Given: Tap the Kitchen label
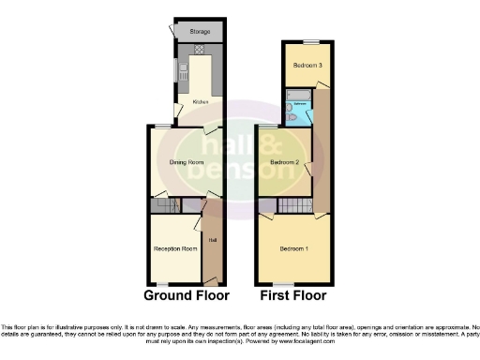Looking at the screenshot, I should tap(201, 101).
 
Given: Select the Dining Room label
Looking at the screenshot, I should tap(186, 162).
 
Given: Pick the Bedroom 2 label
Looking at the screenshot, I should tap(284, 162).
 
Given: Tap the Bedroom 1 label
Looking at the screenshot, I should tap(292, 248).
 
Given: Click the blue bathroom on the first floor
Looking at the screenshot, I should tap(299, 112).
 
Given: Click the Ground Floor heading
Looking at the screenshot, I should tap(187, 295).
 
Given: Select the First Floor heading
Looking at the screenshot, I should tap(292, 295).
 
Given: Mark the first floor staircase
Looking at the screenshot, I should tap(297, 206).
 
